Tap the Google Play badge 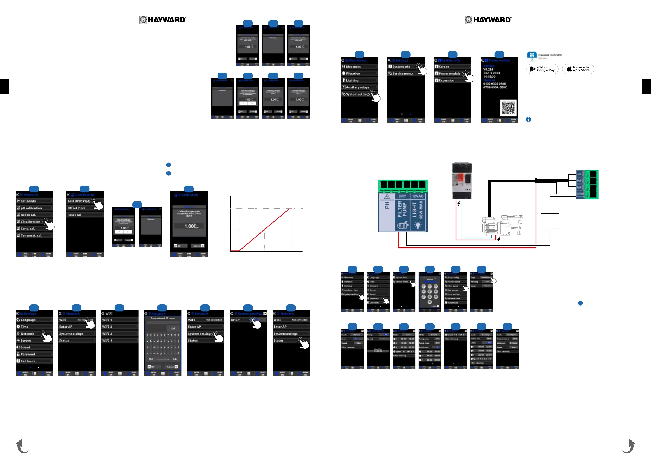click(x=542, y=69)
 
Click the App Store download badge click(x=578, y=69)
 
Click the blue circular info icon click(x=528, y=120)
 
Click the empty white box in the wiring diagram click(x=550, y=221)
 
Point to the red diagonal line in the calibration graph click(x=264, y=230)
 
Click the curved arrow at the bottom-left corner click(x=22, y=446)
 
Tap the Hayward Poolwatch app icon click(x=532, y=55)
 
